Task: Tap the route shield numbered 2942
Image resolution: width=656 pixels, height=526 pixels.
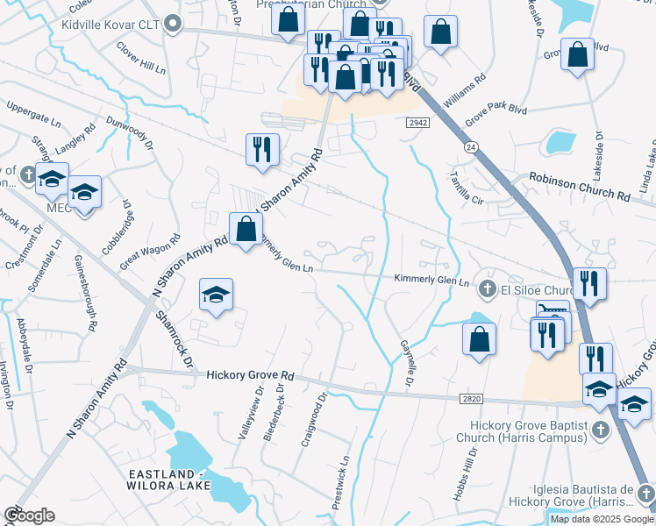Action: [417, 124]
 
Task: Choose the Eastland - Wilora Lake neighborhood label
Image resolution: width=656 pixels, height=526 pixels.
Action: [167, 480]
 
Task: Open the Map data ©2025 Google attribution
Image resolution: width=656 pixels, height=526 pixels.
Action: [602, 519]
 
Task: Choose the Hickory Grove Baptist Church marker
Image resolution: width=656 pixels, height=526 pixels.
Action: [600, 429]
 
